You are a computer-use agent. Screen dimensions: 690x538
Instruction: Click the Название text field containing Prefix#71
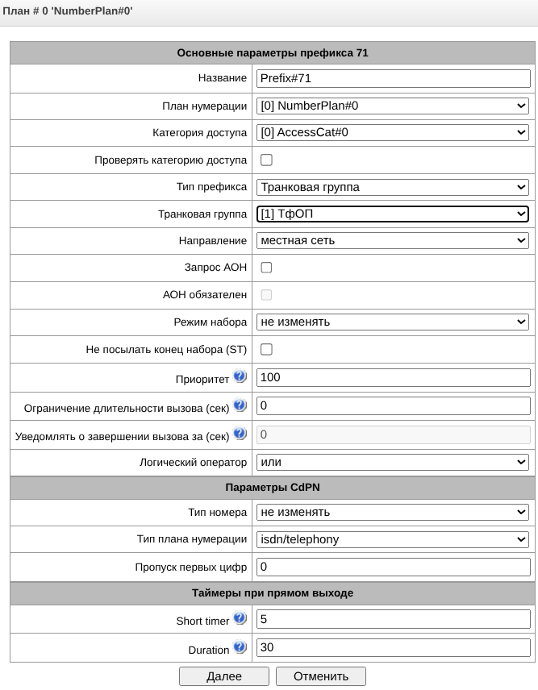[x=393, y=78]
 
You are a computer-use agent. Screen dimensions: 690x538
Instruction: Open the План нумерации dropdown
[x=393, y=106]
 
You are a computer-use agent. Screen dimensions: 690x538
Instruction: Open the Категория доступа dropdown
[x=393, y=132]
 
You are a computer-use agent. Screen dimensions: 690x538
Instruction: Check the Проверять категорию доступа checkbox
[x=266, y=160]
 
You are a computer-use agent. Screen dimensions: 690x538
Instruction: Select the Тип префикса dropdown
[x=393, y=187]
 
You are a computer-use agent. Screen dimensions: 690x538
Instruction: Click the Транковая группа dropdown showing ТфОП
[x=393, y=214]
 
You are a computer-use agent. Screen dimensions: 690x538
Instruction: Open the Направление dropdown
[x=393, y=240]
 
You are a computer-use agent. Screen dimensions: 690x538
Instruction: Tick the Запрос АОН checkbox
[x=266, y=268]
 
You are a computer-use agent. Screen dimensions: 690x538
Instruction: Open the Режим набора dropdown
[x=393, y=322]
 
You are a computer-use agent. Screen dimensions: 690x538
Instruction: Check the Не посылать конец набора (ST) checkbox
[x=266, y=349]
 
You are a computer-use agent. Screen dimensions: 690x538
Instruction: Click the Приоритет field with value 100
[x=393, y=377]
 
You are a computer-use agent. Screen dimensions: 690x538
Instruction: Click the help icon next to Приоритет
[x=240, y=376]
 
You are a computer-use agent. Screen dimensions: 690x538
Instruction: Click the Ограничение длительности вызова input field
[x=393, y=405]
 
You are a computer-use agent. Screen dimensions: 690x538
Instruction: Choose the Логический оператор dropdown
[x=393, y=462]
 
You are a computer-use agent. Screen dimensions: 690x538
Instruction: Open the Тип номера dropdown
[x=393, y=512]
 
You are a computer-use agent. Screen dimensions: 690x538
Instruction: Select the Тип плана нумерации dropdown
[x=393, y=539]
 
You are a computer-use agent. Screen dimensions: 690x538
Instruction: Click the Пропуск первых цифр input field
[x=393, y=567]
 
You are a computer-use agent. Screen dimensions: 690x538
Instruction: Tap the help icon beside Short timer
[x=240, y=619]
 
